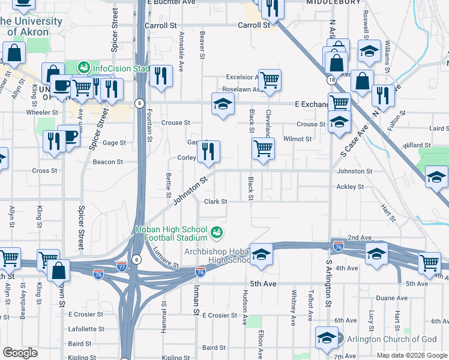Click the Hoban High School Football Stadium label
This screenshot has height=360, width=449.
pyautogui.click(x=171, y=234)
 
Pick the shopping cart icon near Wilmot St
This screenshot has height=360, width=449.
pyautogui.click(x=263, y=148)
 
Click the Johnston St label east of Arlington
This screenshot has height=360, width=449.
pyautogui.click(x=354, y=172)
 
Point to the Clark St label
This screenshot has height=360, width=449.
pyautogui.click(x=215, y=202)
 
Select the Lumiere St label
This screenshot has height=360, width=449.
pyautogui.click(x=166, y=258)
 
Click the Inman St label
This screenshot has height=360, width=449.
pyautogui.click(x=196, y=299)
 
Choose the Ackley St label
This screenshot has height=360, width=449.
pyautogui.click(x=350, y=187)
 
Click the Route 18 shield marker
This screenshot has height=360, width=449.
pyautogui.click(x=331, y=79)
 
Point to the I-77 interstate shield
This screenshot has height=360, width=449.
pyautogui.click(x=122, y=265)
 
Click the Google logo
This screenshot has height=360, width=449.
pyautogui.click(x=20, y=353)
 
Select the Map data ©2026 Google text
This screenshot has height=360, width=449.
pyautogui.click(x=412, y=355)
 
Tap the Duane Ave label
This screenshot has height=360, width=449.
pyautogui.click(x=392, y=298)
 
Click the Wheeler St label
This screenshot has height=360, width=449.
pyautogui.click(x=41, y=112)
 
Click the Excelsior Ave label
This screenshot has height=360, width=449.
pyautogui.click(x=242, y=77)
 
